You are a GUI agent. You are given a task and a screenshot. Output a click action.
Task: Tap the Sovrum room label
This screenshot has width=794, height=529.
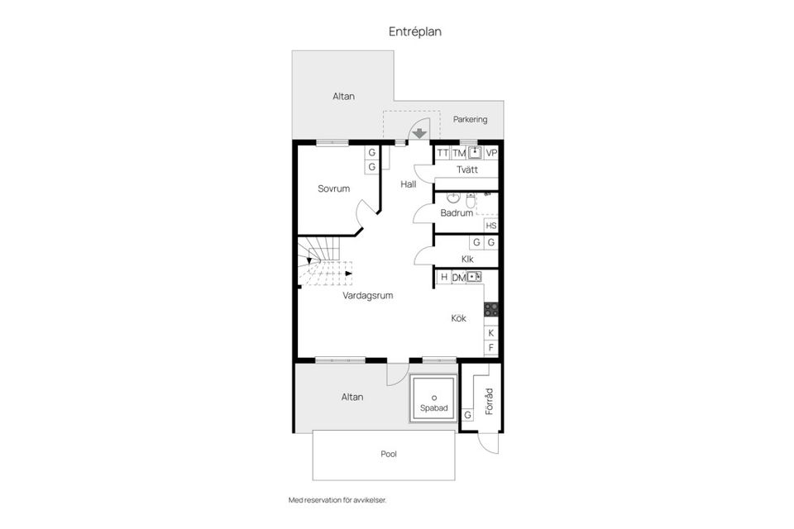(333, 188)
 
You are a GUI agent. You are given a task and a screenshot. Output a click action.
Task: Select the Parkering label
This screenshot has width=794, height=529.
(470, 119)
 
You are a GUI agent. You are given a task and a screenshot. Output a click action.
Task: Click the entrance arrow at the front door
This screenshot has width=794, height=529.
(420, 131)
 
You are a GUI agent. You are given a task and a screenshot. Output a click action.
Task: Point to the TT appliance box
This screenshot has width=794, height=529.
(442, 153)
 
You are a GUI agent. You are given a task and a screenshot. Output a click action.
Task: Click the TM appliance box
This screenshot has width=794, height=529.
(458, 153)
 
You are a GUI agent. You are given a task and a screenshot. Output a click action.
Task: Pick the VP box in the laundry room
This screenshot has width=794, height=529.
(491, 153)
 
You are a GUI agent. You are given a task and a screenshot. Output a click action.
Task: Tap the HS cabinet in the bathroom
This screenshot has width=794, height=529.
(491, 226)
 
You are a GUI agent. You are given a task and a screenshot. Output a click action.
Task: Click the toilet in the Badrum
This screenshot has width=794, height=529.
(471, 201)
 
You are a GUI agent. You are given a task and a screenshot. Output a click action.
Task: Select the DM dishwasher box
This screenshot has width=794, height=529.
(458, 277)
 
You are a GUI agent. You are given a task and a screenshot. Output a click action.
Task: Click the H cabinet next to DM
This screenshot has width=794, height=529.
(443, 277)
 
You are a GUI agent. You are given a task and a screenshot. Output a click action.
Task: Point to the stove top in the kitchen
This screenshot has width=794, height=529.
(491, 309)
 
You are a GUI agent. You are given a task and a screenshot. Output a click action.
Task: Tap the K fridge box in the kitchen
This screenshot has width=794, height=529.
(491, 332)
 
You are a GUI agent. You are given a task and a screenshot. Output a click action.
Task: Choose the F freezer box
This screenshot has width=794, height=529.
(491, 348)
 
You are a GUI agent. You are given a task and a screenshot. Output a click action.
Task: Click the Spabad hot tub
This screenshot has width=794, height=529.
(433, 402)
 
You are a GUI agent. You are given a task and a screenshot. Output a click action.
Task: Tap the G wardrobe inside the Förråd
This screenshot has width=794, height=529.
(468, 414)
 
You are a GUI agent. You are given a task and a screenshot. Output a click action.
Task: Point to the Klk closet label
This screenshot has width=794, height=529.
(467, 259)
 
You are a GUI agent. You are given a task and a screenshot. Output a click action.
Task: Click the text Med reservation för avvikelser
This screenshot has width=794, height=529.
(337, 500)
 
